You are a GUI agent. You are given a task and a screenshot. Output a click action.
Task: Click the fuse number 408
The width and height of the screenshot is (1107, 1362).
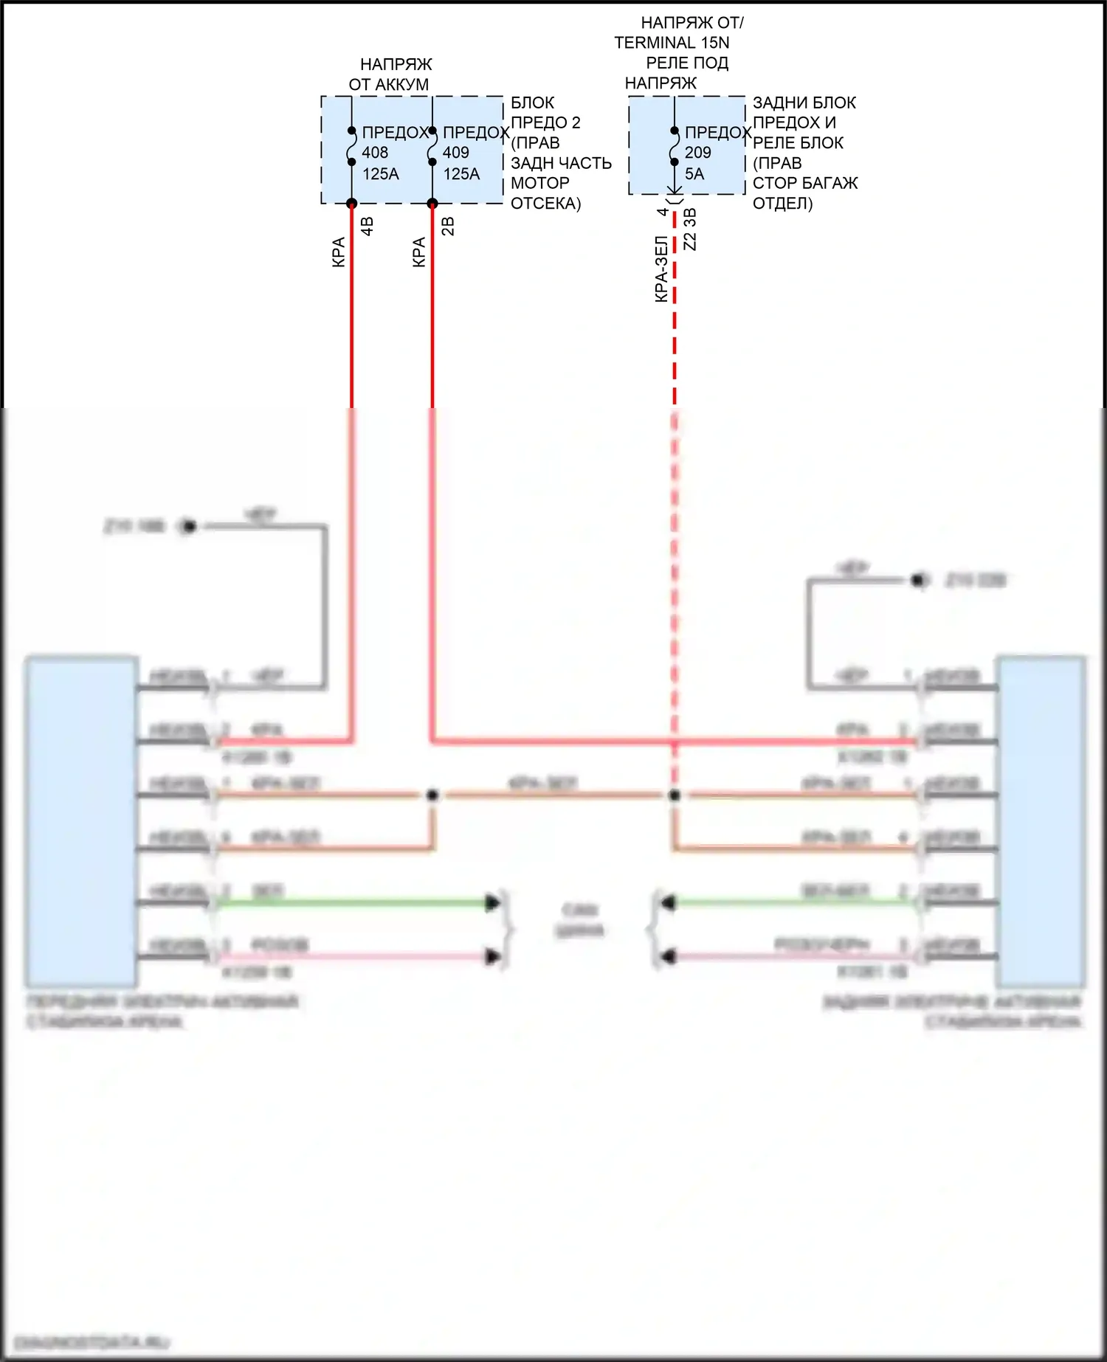(375, 153)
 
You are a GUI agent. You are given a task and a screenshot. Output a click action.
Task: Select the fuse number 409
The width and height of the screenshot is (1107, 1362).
(455, 153)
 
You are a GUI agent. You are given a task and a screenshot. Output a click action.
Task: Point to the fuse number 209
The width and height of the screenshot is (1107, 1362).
(697, 153)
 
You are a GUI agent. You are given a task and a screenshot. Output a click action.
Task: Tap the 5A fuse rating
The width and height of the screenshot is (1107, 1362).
(694, 174)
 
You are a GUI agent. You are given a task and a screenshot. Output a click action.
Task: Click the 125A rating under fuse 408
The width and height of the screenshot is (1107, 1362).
(381, 174)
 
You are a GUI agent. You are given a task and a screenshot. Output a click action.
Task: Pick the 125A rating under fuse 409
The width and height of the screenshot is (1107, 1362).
(461, 174)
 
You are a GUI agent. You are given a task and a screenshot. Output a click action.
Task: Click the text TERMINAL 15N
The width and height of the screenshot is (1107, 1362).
(672, 43)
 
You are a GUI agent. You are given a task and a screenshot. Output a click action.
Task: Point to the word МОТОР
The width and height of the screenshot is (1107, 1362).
(539, 183)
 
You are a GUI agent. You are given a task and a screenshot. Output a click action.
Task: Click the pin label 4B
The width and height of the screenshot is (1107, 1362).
(368, 226)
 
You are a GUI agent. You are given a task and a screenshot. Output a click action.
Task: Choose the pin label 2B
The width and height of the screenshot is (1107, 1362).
(448, 226)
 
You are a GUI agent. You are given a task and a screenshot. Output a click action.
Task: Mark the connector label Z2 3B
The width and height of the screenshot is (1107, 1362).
(690, 229)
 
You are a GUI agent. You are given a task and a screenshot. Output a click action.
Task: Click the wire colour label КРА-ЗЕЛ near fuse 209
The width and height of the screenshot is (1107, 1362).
(661, 269)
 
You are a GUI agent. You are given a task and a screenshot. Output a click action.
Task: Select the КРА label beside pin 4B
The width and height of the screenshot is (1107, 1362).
(339, 252)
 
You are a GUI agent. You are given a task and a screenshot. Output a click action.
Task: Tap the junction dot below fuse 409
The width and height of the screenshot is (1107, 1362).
(432, 204)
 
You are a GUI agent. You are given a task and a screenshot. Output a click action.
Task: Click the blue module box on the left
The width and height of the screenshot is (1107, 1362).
(81, 820)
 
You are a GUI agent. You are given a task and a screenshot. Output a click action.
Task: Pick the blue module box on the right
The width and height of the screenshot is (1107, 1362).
(1041, 820)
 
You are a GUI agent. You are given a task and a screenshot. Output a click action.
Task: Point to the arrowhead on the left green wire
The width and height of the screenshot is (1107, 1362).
(492, 902)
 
